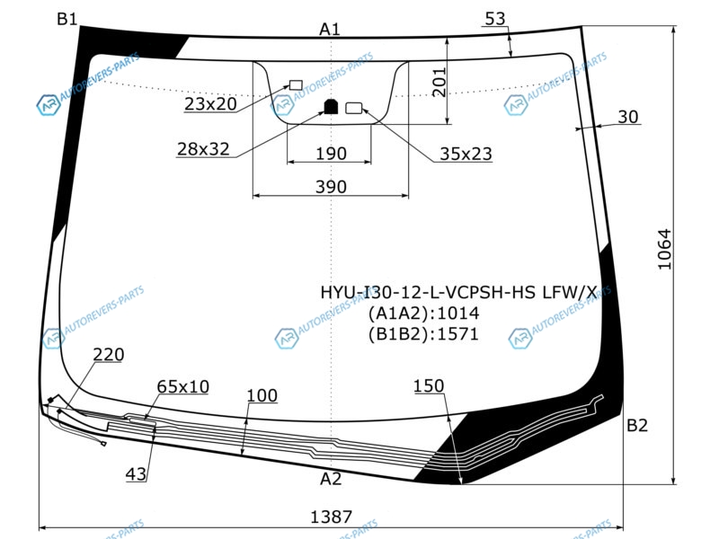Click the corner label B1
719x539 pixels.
coord(67,19)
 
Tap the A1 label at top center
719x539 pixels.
coord(330,30)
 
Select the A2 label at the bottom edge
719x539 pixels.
coord(331,479)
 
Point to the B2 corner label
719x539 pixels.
coord(637,426)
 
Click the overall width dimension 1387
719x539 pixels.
coord(331,517)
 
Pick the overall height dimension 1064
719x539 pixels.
coord(664,250)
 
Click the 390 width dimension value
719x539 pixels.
coord(331,187)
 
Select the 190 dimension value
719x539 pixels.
coord(331,154)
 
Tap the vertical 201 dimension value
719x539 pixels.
coord(439,83)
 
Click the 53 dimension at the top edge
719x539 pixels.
coord(495,19)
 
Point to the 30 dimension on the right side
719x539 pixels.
coord(627,117)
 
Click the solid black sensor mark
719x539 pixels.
coord(331,106)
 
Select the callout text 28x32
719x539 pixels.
coord(203,149)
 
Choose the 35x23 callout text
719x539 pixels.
coord(466,154)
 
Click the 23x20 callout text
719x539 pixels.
coord(210,104)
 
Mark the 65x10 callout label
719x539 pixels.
coord(183,387)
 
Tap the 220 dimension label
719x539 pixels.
coord(109,355)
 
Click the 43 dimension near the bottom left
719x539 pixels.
coord(137,474)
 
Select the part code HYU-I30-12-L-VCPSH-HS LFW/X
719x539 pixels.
coord(458,292)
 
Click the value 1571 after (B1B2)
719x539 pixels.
coord(458,334)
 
